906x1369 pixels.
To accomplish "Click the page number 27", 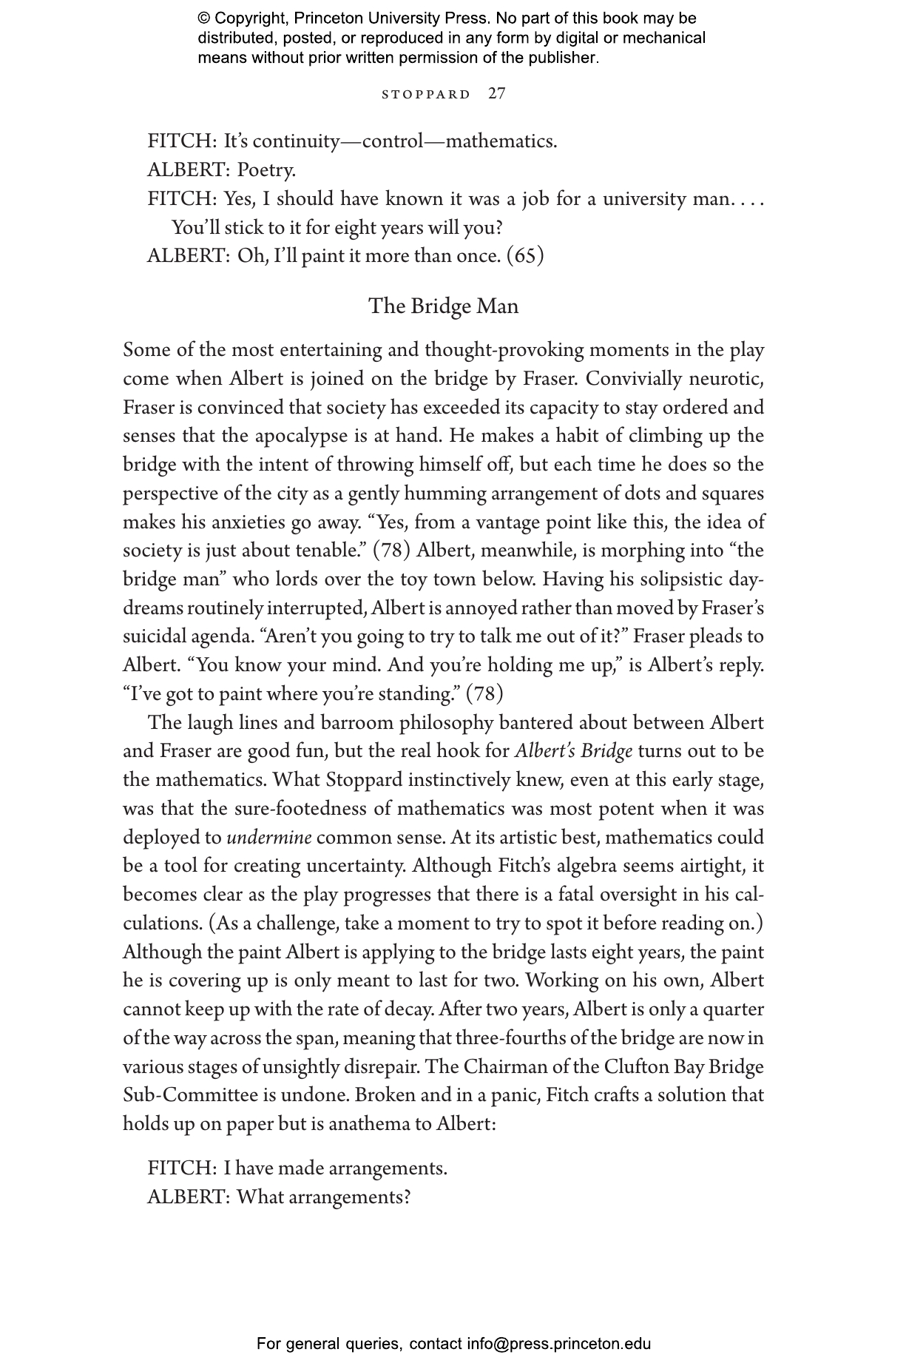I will pos(497,94).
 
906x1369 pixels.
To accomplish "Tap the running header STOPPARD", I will pos(426,95).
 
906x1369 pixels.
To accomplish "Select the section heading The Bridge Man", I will pos(443,306).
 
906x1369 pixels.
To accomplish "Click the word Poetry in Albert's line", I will pos(266,170).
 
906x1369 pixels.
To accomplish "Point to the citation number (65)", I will pos(525,256).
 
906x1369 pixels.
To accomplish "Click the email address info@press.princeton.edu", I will pos(558,1344).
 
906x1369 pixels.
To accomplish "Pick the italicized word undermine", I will pos(268,838).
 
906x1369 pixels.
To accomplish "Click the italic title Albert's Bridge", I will pos(573,751).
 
